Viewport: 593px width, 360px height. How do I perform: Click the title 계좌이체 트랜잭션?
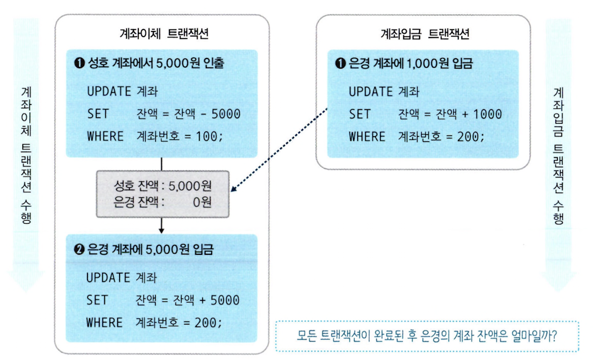pos(162,34)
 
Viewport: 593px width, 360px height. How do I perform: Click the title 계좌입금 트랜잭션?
pos(425,34)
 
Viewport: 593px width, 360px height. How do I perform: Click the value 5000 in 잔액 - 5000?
pos(225,113)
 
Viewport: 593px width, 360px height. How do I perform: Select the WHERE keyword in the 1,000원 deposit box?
pos(367,136)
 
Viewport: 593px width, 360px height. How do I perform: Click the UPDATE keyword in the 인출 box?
pos(108,92)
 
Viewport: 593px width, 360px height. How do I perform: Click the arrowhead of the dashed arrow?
pos(233,191)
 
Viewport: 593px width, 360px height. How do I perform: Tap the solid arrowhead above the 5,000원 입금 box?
pos(161,230)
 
